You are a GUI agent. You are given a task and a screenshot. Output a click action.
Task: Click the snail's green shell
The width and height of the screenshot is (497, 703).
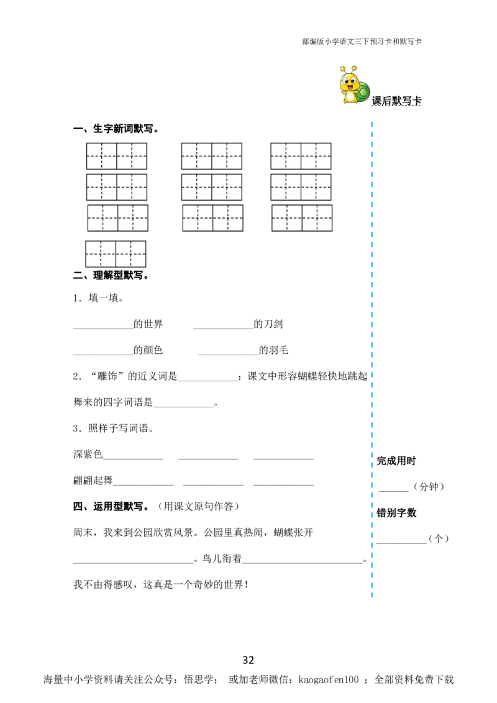pyautogui.click(x=364, y=93)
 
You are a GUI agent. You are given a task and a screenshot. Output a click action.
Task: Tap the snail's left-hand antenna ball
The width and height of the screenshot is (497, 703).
pyautogui.click(x=343, y=69)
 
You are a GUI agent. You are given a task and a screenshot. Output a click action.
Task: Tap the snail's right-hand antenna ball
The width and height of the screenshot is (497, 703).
pyautogui.click(x=355, y=68)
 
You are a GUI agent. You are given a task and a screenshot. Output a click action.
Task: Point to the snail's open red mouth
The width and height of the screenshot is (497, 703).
pyautogui.click(x=350, y=88)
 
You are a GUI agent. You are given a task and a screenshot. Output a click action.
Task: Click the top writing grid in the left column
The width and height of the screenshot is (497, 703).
pyautogui.click(x=117, y=155)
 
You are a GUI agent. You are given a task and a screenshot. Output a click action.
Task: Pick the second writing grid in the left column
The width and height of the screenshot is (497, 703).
pyautogui.click(x=117, y=187)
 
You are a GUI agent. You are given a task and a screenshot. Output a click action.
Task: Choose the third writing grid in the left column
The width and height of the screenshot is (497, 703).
pyautogui.click(x=117, y=218)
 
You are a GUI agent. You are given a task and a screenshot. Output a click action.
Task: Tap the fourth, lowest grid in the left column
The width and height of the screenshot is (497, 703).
pyautogui.click(x=116, y=253)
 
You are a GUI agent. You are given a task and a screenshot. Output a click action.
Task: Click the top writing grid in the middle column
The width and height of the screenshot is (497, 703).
pyautogui.click(x=211, y=155)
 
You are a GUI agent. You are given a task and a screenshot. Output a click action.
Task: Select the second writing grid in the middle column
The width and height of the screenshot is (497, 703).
pyautogui.click(x=211, y=187)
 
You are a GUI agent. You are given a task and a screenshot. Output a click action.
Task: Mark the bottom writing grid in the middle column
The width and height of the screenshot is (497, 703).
pyautogui.click(x=212, y=218)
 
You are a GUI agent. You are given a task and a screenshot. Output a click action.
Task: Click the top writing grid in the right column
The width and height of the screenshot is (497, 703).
pyautogui.click(x=301, y=155)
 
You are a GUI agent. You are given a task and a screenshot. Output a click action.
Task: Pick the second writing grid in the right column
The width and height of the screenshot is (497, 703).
pyautogui.click(x=301, y=187)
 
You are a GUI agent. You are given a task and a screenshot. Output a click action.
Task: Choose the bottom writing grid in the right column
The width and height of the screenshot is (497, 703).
pyautogui.click(x=301, y=218)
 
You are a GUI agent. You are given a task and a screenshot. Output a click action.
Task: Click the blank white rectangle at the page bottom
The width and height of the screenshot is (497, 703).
pyautogui.click(x=122, y=638)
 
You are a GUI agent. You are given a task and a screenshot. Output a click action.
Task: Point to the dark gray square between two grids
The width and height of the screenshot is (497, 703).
pyautogui.click(x=256, y=221)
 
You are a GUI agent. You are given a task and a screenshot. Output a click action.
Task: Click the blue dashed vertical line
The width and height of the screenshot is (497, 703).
pyautogui.click(x=372, y=360)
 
